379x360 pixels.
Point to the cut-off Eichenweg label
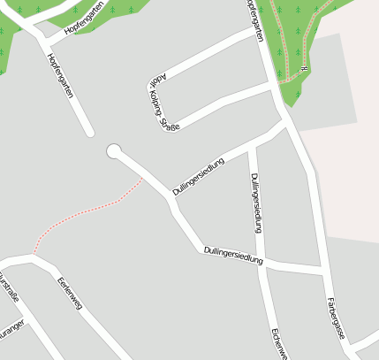(277, 346)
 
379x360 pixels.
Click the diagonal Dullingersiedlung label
(199, 175)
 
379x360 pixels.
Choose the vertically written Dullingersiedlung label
(256, 203)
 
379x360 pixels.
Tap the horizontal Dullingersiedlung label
(234, 255)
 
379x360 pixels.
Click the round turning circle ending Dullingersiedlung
(113, 151)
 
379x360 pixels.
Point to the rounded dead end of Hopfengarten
(89, 134)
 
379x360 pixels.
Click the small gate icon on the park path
(302, 67)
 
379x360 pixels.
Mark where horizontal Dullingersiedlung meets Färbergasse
(321, 267)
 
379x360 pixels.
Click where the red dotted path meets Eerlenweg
(34, 254)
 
